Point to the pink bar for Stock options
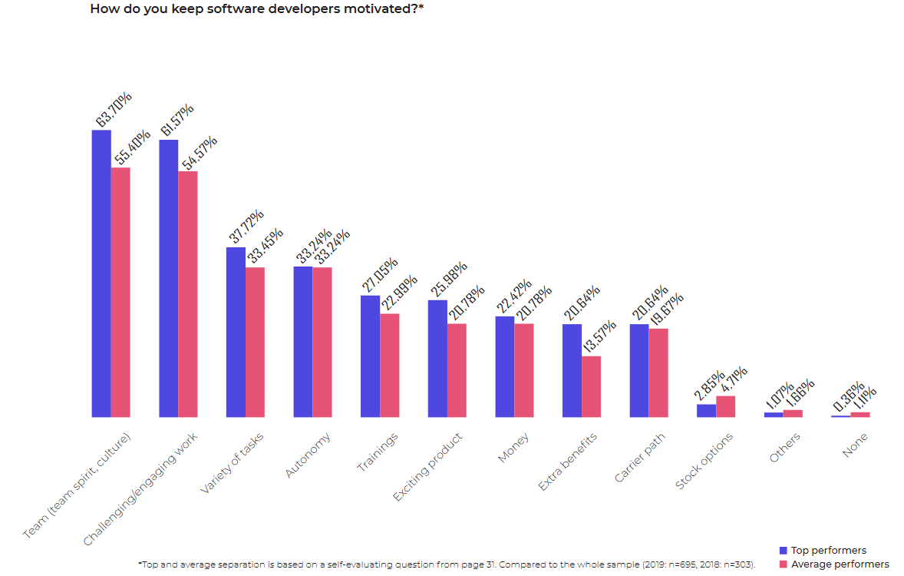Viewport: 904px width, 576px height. coord(725,406)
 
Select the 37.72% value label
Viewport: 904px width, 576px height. coord(246,227)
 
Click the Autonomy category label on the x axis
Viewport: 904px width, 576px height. coord(308,455)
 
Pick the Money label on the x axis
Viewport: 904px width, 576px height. coord(513,448)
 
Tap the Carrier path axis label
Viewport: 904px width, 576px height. coord(640,458)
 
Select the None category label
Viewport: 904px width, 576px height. coord(855,445)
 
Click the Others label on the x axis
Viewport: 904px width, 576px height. coord(785,448)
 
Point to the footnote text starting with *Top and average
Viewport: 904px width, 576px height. coord(446,564)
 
